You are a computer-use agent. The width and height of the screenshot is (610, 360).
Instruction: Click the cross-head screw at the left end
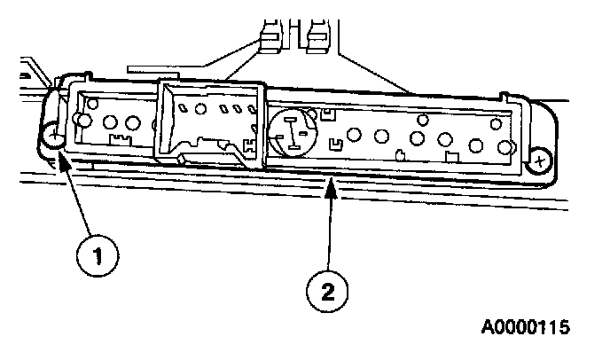54,137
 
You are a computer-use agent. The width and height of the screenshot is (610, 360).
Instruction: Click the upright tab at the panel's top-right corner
504,96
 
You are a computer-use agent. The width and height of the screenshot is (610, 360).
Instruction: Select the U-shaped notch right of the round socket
336,143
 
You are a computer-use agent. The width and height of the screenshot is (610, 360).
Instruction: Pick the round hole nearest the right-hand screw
506,147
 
